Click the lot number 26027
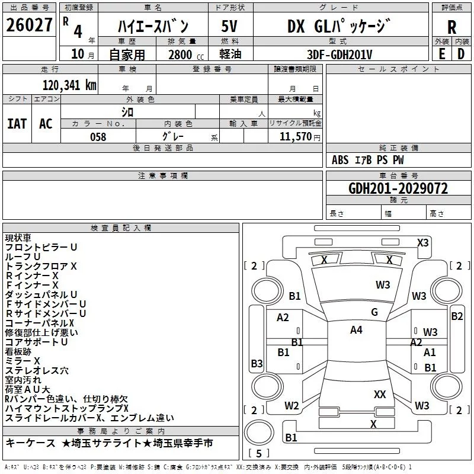[29, 25]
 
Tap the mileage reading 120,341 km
[69, 85]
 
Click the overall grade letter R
[451, 27]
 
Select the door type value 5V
[229, 27]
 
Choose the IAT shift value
[17, 124]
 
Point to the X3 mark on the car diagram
[422, 242]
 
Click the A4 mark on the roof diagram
[356, 330]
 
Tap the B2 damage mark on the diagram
[457, 316]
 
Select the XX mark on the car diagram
[380, 394]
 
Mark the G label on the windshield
[374, 312]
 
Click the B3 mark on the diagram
[257, 363]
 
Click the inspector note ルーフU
[23, 257]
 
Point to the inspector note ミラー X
[23, 360]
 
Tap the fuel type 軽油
[229, 55]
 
